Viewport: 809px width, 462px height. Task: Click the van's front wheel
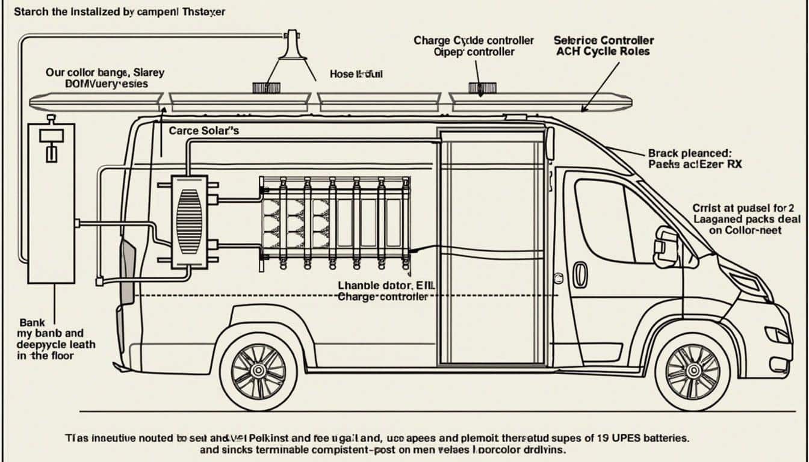click(692, 371)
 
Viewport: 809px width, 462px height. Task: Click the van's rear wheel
click(258, 371)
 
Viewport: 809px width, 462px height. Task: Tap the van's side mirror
click(665, 247)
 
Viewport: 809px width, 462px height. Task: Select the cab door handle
click(580, 274)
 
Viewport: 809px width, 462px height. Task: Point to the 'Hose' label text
click(342, 74)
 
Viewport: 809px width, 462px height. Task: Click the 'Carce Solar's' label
click(204, 130)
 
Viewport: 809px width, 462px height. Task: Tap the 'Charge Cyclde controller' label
click(474, 40)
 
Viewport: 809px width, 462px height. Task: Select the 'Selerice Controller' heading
click(603, 40)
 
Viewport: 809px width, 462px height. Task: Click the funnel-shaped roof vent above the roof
click(293, 45)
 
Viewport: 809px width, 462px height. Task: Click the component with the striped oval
click(190, 221)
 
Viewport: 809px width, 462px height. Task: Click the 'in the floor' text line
click(46, 356)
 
